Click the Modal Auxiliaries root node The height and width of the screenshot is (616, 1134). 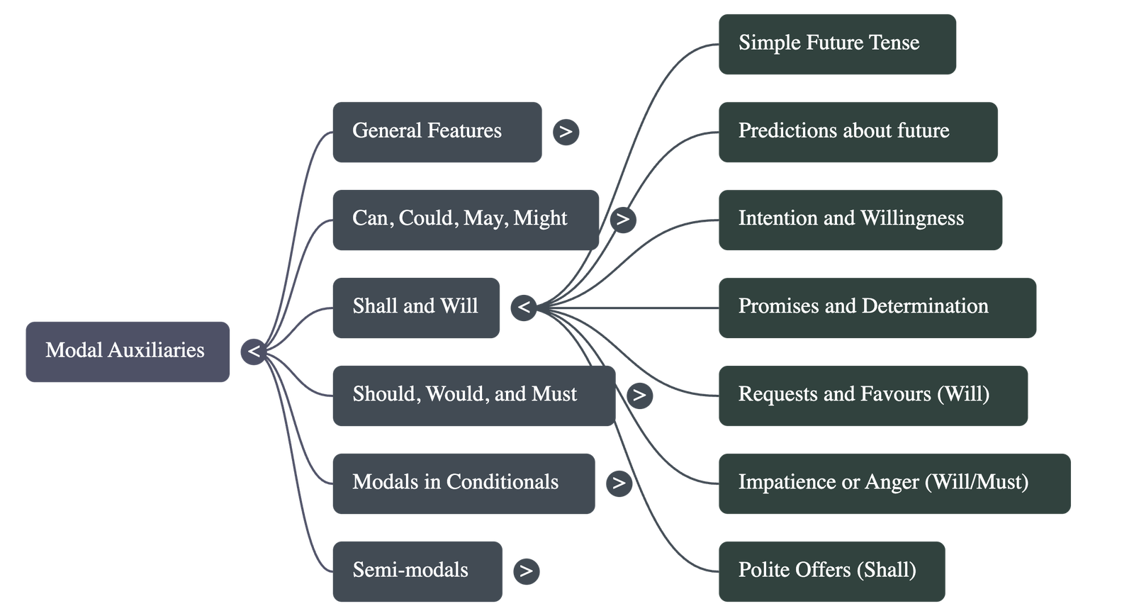click(x=128, y=352)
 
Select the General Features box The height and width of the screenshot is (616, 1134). click(x=437, y=132)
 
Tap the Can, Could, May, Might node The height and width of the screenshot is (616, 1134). click(x=465, y=219)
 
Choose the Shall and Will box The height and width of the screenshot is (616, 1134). click(x=415, y=307)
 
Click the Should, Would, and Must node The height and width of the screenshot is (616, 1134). click(x=473, y=395)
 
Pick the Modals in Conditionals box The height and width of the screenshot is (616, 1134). click(x=463, y=483)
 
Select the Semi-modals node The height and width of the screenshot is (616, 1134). click(x=417, y=571)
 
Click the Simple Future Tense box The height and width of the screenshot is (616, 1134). click(x=837, y=44)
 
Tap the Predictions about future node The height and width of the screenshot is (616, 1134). click(x=858, y=132)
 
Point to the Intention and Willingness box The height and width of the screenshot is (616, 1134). click(x=860, y=219)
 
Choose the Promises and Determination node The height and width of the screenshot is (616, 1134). click(x=877, y=307)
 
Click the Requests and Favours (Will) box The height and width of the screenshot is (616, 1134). click(x=872, y=395)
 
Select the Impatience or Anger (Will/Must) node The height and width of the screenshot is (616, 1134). click(x=894, y=483)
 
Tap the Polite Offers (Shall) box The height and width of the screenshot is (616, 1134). click(x=831, y=571)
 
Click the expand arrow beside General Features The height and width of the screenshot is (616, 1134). click(x=566, y=132)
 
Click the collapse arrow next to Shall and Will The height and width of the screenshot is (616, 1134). click(x=524, y=308)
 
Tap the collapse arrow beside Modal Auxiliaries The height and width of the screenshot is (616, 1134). click(x=254, y=352)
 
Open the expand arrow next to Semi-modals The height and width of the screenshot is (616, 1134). click(x=525, y=571)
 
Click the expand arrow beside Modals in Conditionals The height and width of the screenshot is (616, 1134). click(x=619, y=483)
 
